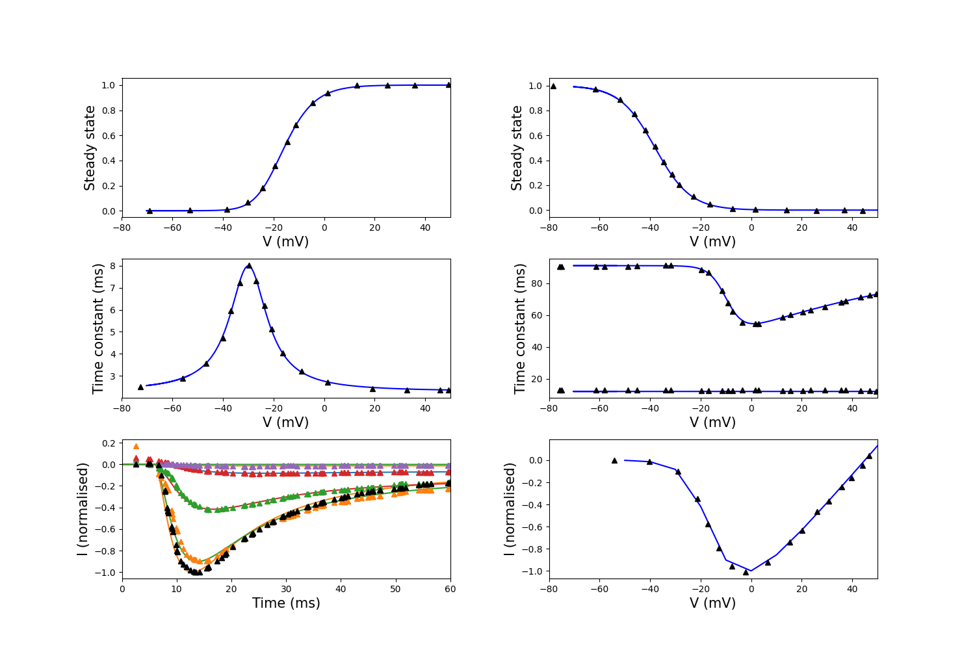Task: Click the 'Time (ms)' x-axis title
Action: click(x=286, y=603)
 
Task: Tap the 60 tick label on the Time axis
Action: click(x=450, y=589)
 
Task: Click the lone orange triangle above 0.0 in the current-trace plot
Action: click(x=136, y=447)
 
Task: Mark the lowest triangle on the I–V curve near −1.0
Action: click(x=746, y=572)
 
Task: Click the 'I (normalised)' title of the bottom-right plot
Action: click(x=509, y=509)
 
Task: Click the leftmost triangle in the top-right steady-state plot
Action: click(x=553, y=86)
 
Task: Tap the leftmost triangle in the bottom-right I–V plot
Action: click(x=615, y=460)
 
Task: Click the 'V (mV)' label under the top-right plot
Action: click(x=712, y=242)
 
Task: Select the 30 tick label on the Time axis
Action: click(x=286, y=589)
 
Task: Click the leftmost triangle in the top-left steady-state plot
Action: click(x=149, y=211)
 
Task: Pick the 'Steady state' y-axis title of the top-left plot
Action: click(x=89, y=148)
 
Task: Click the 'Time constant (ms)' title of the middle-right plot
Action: click(x=519, y=329)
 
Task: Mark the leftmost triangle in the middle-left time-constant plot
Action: click(x=140, y=387)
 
